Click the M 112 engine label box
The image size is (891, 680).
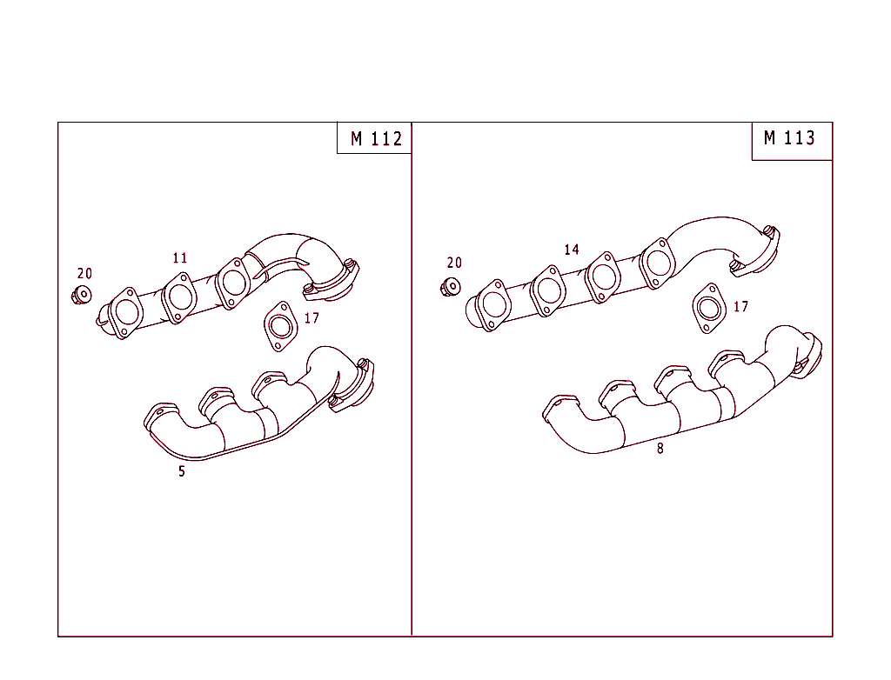pos(375,138)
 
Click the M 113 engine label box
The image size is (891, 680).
pos(790,139)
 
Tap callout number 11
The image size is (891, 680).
pos(180,258)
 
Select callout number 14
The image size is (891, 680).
pos(571,250)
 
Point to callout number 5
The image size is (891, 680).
pos(182,472)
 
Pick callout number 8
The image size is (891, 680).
pos(660,450)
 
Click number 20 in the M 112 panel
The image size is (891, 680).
pos(84,274)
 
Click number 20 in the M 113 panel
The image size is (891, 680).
pos(454,263)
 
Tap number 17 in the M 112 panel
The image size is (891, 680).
pos(312,318)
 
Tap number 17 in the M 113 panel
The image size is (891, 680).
pos(740,307)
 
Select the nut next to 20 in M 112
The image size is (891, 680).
pos(82,295)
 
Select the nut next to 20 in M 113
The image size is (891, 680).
pos(451,286)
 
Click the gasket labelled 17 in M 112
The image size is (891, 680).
pos(279,326)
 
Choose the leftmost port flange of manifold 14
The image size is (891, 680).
pos(492,304)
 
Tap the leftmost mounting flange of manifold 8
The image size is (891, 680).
pos(562,404)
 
